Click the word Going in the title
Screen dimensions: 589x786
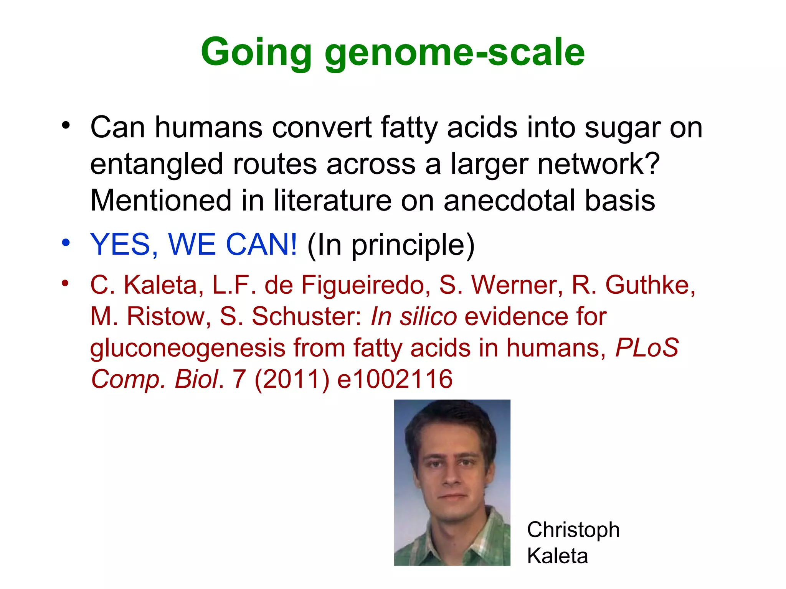pos(256,53)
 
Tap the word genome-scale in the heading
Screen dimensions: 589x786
pos(454,53)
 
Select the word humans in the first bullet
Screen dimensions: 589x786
pos(209,127)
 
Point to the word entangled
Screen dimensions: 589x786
pos(157,164)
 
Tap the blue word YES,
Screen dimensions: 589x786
pos(124,245)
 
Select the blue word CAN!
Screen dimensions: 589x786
pos(261,245)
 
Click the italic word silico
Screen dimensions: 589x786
pos(428,317)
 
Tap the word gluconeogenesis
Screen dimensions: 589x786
pos(188,348)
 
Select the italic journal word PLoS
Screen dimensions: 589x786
pos(647,348)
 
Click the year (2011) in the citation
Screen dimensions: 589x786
pos(292,379)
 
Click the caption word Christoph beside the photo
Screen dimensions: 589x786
pos(573,530)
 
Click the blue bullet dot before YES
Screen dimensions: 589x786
pos(66,243)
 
